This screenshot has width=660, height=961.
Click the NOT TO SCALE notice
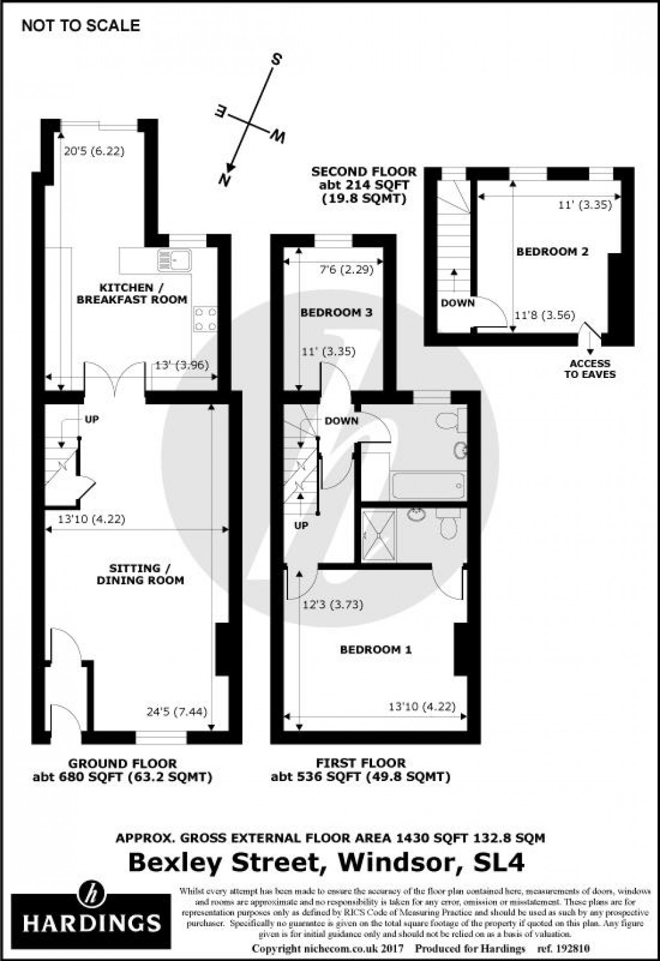[81, 26]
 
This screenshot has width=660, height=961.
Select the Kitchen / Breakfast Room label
[131, 293]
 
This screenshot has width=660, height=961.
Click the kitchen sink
[173, 260]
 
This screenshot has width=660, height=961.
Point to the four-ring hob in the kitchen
[206, 319]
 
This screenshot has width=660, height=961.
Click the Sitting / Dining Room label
[140, 574]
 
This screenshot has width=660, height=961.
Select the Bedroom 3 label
[336, 313]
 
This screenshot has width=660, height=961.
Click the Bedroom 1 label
[376, 650]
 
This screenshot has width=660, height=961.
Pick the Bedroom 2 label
[552, 252]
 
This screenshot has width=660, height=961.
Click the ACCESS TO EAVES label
[589, 369]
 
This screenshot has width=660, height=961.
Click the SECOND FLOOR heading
[364, 172]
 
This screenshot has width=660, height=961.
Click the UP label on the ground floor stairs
[92, 419]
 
